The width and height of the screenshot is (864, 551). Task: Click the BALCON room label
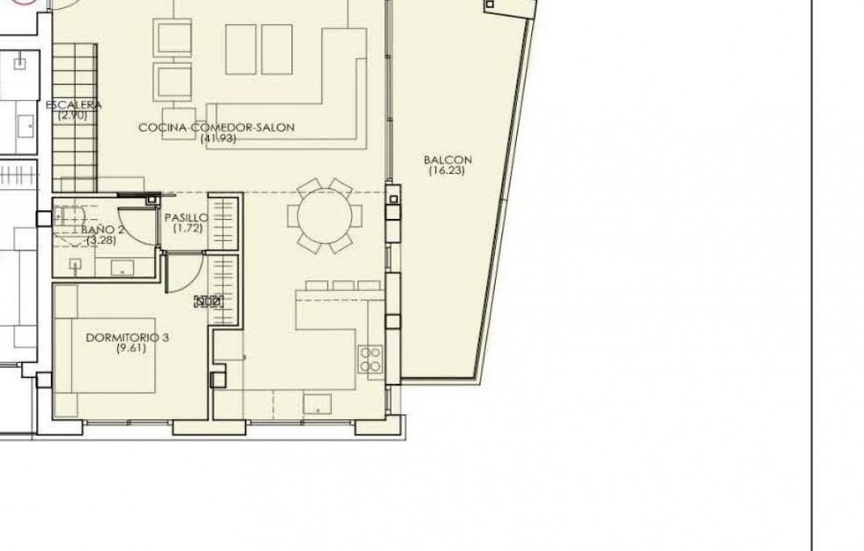click(x=448, y=160)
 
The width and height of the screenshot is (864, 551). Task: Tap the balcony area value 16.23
click(x=448, y=170)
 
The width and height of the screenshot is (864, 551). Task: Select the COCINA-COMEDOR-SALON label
click(x=216, y=128)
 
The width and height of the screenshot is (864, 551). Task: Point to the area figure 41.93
click(x=216, y=139)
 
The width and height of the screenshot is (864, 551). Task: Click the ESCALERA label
click(x=73, y=105)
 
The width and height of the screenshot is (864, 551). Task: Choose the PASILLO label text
click(x=187, y=218)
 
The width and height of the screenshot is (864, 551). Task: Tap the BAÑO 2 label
click(x=103, y=229)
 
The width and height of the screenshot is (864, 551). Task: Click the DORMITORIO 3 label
click(x=127, y=338)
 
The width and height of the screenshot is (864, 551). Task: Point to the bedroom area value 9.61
click(x=127, y=348)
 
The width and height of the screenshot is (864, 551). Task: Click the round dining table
click(x=325, y=217)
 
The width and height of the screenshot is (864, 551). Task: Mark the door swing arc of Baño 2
click(x=133, y=222)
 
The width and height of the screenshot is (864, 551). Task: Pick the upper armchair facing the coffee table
click(x=173, y=39)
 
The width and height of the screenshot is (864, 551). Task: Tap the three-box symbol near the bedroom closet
click(x=208, y=302)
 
